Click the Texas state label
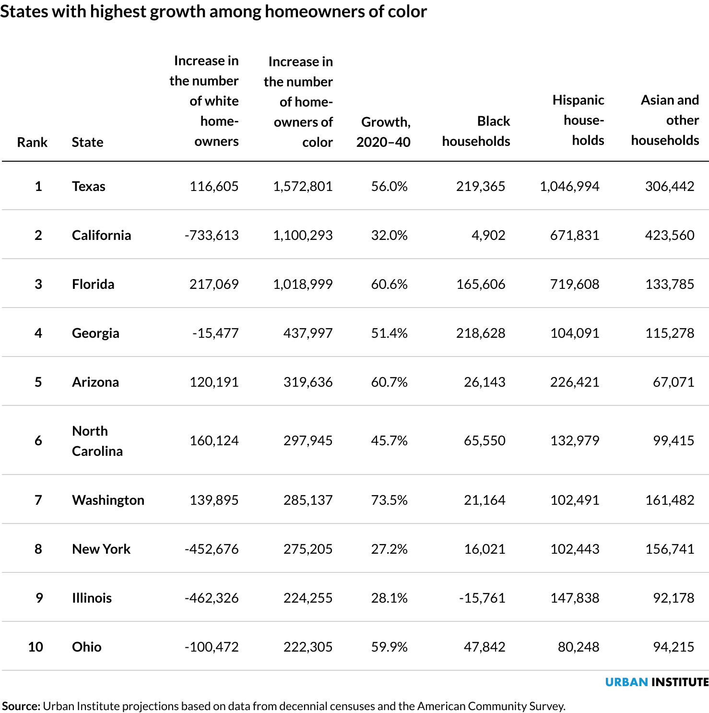pos(88,186)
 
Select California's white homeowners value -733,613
pos(211,235)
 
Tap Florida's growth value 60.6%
pos(389,284)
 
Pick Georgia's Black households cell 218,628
pos(480,333)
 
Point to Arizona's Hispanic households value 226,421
pos(574,382)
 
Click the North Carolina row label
pos(97,440)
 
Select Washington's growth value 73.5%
pos(389,500)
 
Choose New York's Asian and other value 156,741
pos(669,549)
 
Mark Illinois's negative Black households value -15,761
pos(482,598)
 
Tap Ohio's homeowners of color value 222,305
pos(307,647)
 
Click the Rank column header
pos(32,142)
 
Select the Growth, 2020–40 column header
pos(384,131)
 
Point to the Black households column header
pos(476,131)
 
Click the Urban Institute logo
pos(656,682)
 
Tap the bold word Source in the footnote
pos(21,706)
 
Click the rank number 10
pos(35,647)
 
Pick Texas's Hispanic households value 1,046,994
pos(569,186)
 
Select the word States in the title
pos(24,12)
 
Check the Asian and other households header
pos(665,120)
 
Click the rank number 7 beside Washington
pos(38,500)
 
